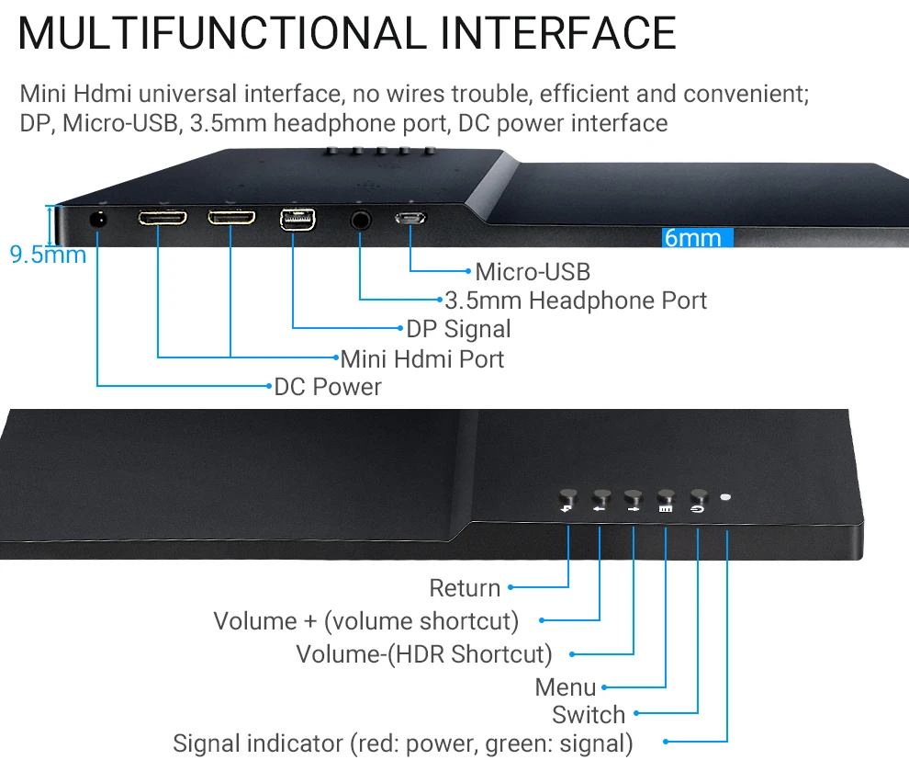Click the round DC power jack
tap(97, 220)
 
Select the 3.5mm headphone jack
tap(361, 220)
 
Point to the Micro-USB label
tap(533, 272)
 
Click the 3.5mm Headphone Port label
tap(576, 301)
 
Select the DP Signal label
tap(458, 329)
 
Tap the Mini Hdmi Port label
tap(422, 357)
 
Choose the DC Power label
tap(328, 387)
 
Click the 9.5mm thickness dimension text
tap(48, 255)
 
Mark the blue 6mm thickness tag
tap(697, 238)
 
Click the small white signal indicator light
tap(726, 497)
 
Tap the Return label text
tap(465, 588)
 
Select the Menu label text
tap(566, 687)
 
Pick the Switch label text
tap(589, 714)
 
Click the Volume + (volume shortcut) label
tap(366, 621)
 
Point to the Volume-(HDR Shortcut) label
tap(424, 654)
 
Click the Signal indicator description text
tap(403, 743)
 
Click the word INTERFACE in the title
tap(558, 33)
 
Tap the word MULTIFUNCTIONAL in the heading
tap(221, 33)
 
